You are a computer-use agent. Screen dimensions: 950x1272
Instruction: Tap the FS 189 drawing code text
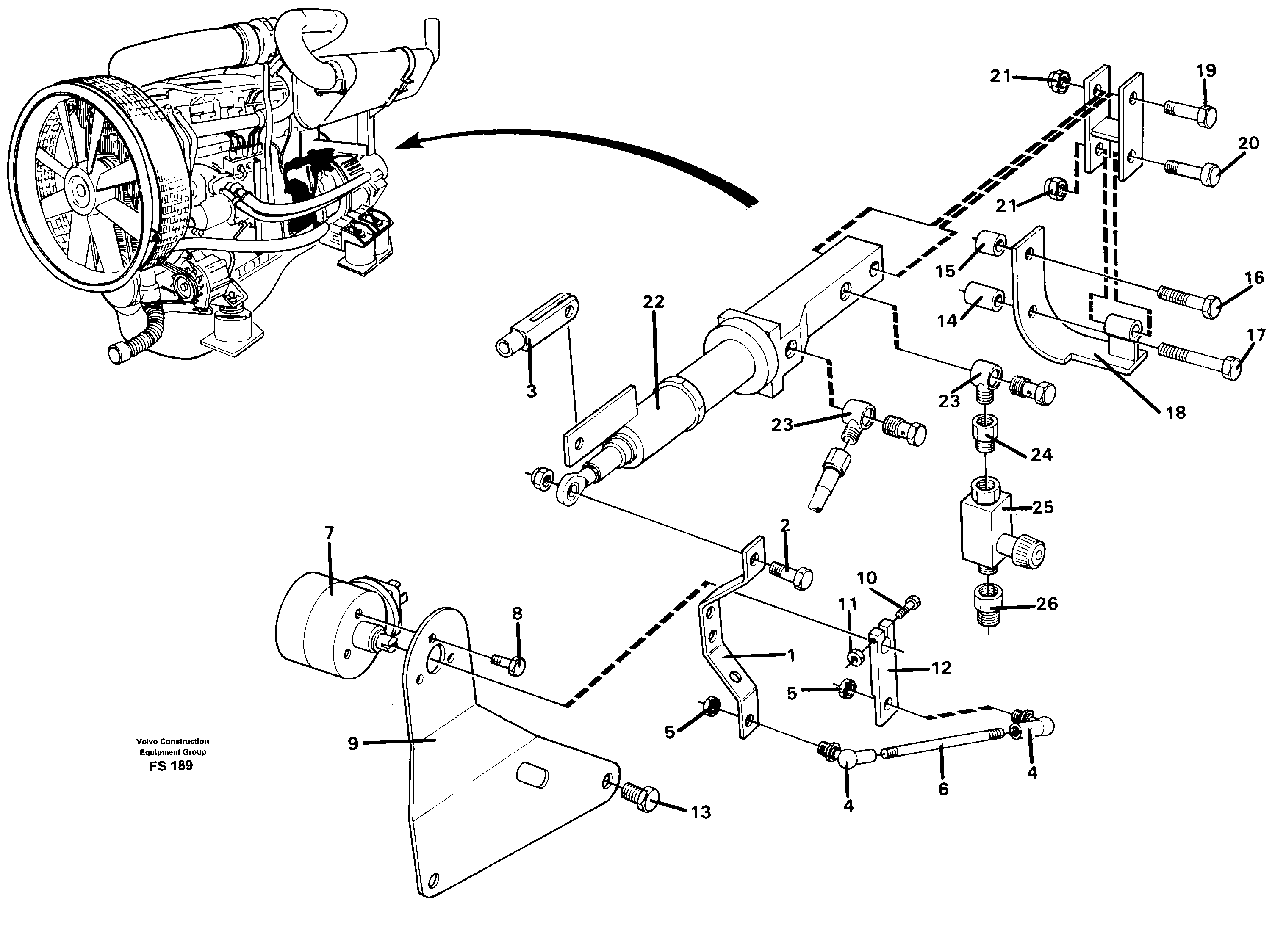click(x=170, y=765)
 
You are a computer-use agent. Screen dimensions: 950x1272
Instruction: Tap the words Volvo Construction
click(x=172, y=741)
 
